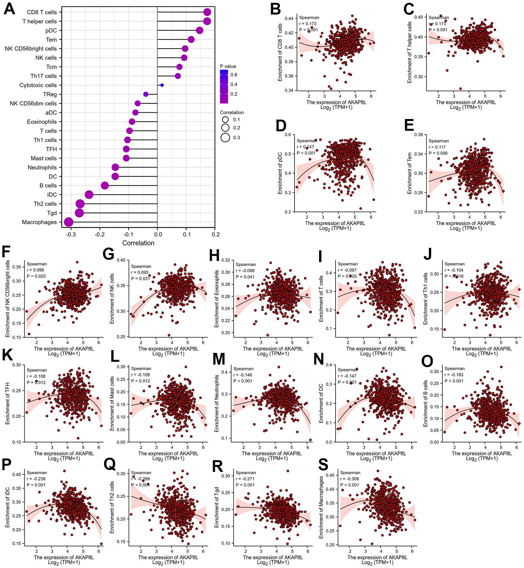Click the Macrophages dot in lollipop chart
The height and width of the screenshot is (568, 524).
coord(69,222)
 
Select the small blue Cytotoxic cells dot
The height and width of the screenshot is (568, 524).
coord(162,85)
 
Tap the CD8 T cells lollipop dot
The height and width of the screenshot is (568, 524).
coord(207,12)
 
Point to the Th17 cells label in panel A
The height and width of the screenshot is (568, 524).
coord(43,76)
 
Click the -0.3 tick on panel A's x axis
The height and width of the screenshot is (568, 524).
coord(71,234)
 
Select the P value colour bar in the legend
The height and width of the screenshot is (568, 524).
coord(224,87)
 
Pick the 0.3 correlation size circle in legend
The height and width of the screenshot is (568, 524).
coord(225,138)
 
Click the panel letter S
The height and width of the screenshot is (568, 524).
coord(323,465)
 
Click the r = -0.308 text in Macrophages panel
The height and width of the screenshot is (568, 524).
coord(350,479)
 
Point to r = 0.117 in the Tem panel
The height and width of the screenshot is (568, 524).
coord(437,147)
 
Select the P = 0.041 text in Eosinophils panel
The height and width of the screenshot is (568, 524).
coord(245,277)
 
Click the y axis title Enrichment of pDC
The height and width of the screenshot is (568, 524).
coord(280,173)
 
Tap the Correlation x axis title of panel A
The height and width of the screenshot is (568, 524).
coord(138,243)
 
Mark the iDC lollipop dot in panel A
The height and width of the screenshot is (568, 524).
coord(89,195)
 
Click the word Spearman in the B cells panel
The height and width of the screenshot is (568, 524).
coord(454,369)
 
